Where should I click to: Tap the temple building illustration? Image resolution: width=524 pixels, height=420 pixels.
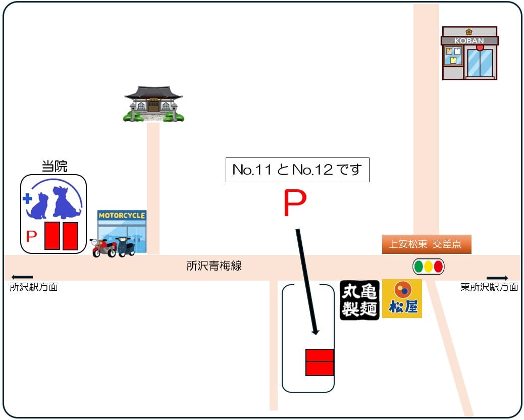(x=153, y=104)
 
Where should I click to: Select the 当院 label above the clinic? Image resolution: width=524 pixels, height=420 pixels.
(x=54, y=167)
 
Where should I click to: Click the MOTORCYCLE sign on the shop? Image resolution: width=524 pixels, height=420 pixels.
(x=122, y=216)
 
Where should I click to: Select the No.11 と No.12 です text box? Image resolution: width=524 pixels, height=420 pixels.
(x=297, y=170)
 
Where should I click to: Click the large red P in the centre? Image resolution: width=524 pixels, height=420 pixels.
(x=294, y=203)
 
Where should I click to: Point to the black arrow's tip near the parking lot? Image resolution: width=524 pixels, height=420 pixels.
(x=316, y=333)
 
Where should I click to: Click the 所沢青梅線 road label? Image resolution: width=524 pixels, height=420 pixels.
(x=214, y=266)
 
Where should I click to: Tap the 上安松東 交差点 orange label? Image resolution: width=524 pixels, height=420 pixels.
(x=426, y=244)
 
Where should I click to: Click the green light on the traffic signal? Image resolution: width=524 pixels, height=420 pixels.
(x=418, y=266)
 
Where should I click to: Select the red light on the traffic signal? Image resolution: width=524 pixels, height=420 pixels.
(x=438, y=266)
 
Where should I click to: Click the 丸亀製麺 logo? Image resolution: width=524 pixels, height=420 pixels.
(x=359, y=299)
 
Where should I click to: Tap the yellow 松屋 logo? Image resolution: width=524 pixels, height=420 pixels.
(x=402, y=299)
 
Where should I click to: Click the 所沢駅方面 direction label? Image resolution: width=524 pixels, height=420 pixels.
(x=34, y=287)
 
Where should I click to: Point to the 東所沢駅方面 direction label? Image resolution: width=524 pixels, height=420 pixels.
(x=489, y=287)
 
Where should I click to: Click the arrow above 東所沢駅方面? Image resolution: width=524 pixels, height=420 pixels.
(x=497, y=278)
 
